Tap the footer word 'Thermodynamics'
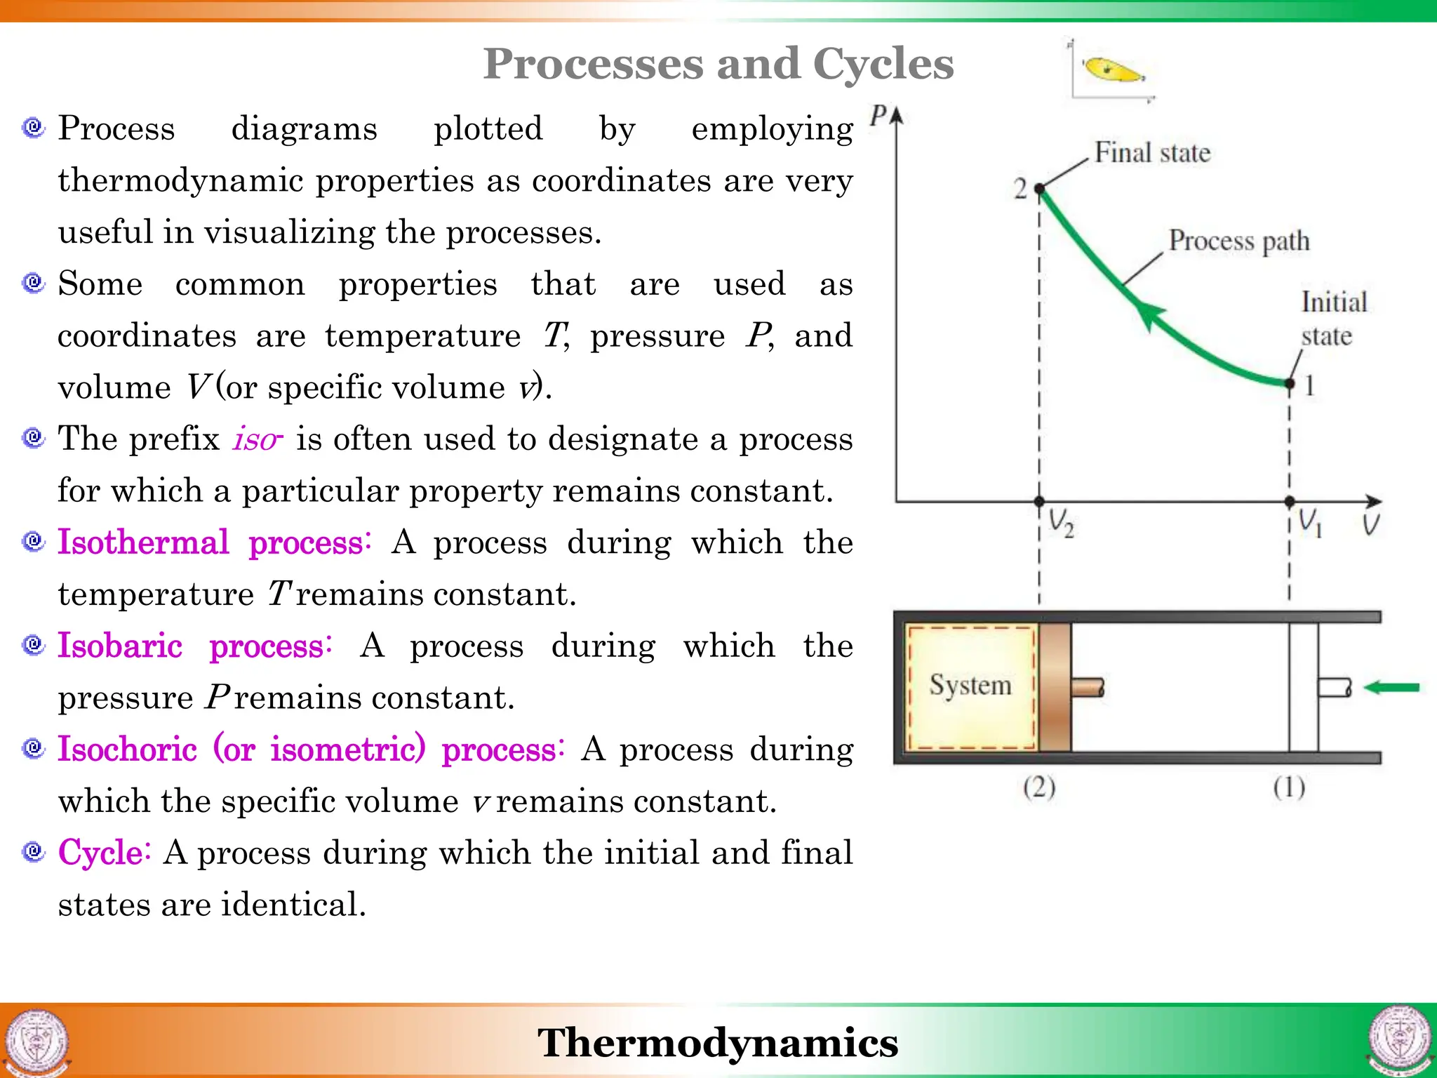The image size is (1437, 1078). click(x=718, y=1042)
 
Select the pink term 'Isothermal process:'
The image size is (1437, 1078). click(x=214, y=543)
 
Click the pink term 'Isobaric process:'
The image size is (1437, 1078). click(x=194, y=646)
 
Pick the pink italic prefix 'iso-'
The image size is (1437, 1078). click(x=258, y=440)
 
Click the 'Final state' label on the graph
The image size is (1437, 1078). click(x=1152, y=153)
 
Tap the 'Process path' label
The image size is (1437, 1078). click(x=1238, y=241)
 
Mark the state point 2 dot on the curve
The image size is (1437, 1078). click(x=1040, y=188)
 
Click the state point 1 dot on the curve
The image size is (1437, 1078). click(x=1289, y=383)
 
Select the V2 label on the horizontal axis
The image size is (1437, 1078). click(x=1060, y=524)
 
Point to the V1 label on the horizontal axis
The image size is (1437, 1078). click(x=1309, y=523)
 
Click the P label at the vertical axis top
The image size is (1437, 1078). click(x=878, y=115)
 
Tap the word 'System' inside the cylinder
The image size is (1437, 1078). click(x=970, y=685)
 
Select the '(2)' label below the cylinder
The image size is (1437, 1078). click(x=1039, y=787)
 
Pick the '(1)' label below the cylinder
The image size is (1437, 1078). click(x=1289, y=787)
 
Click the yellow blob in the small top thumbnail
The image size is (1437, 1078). click(x=1111, y=70)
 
